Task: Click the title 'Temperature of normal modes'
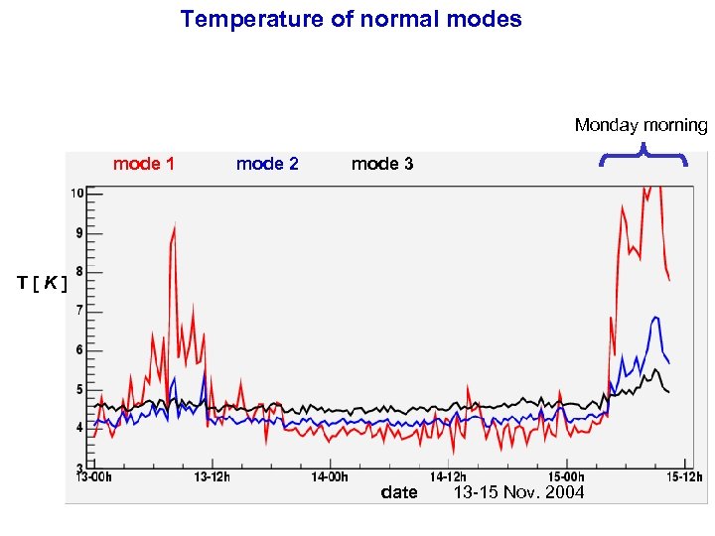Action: [x=351, y=19]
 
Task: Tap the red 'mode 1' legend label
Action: [x=144, y=164]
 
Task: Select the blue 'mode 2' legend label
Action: [x=267, y=164]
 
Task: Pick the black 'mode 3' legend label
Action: [x=382, y=164]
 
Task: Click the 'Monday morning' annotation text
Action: [x=641, y=125]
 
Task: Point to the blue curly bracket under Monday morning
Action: [x=643, y=153]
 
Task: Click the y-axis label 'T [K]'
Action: [x=43, y=284]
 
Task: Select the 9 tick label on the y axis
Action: [x=78, y=233]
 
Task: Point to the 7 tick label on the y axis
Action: [x=78, y=311]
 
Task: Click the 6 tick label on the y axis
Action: [x=78, y=350]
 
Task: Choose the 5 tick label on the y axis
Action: [x=78, y=389]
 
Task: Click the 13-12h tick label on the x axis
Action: [x=212, y=476]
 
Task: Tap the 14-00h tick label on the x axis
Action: [x=330, y=476]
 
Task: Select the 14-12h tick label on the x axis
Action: [x=448, y=476]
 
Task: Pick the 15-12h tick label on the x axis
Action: [x=683, y=476]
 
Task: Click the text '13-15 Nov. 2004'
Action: [x=518, y=493]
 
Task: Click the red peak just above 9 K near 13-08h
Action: [x=175, y=227]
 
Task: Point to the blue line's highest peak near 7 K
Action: [x=656, y=318]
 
